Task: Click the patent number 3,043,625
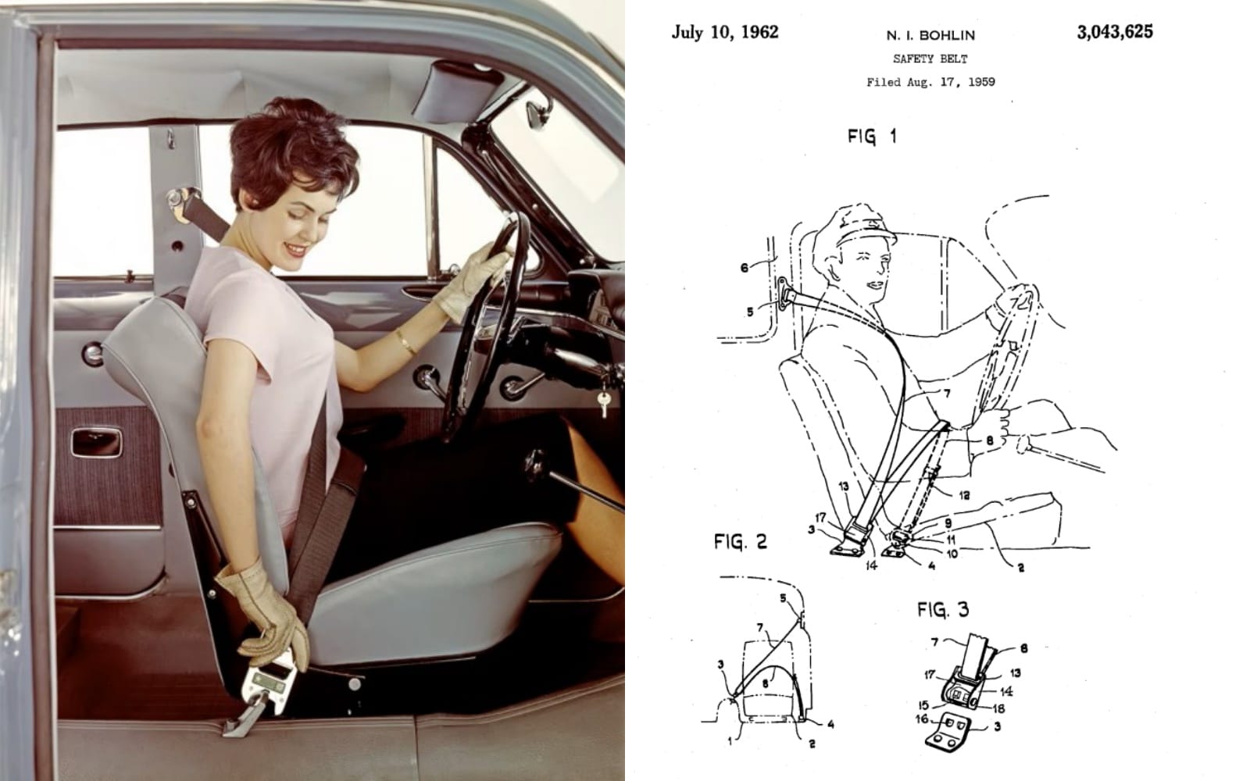coord(1114,32)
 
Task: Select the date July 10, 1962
coord(724,32)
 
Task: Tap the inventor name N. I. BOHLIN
coord(930,36)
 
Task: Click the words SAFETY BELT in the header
coord(930,59)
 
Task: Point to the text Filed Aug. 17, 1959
coord(930,82)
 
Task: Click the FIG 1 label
coord(872,137)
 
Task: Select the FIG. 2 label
coord(741,541)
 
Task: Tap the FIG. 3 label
coord(943,609)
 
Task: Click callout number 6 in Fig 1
coord(745,269)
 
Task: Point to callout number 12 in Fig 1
coord(964,495)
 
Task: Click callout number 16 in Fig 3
coord(922,719)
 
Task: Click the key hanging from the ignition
coord(604,403)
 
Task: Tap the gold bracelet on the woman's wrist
coord(405,342)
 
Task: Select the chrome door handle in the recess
coord(96,443)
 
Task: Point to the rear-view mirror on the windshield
coord(538,112)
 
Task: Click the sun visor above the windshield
coord(458,92)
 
